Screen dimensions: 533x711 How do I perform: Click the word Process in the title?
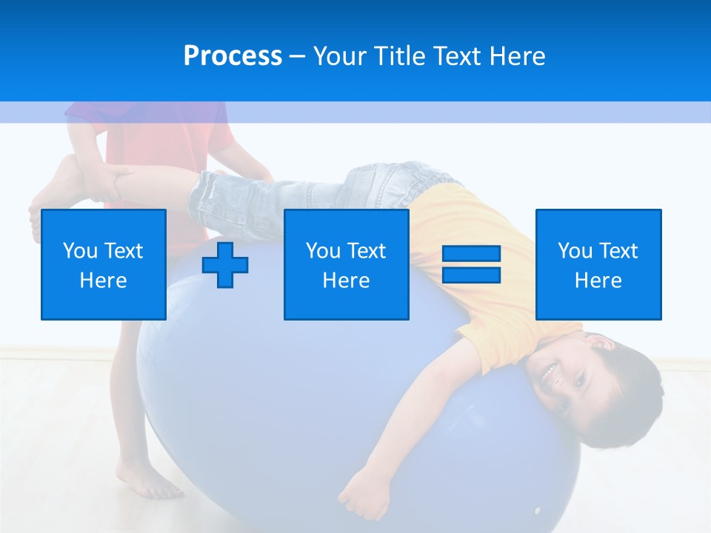click(233, 56)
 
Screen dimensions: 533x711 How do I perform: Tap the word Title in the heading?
click(401, 56)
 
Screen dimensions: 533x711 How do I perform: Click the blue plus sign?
click(225, 264)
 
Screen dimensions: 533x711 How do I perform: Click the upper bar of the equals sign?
click(471, 254)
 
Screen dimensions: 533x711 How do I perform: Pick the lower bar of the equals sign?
click(471, 275)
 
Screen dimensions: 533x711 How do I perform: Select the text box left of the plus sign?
click(104, 264)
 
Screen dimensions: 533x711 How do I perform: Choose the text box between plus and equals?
click(346, 264)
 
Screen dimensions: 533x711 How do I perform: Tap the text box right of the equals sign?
click(598, 264)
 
